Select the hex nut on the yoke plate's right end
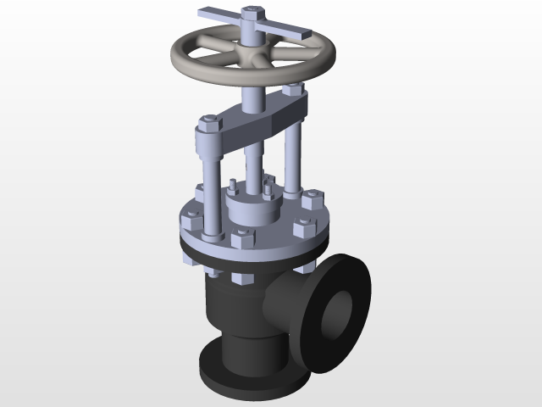(293, 88)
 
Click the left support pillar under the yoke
(209, 170)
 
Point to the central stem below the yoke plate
(252, 165)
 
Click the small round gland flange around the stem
(251, 209)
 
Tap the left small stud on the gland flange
(230, 185)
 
